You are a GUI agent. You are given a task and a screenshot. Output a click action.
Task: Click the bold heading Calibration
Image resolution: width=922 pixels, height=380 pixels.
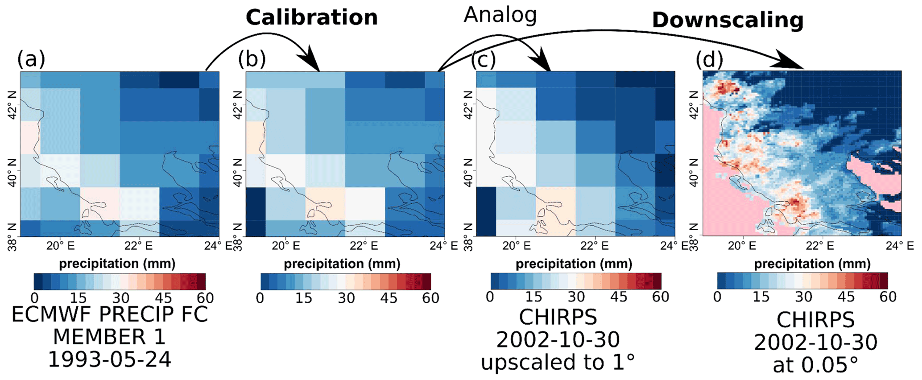pyautogui.click(x=312, y=18)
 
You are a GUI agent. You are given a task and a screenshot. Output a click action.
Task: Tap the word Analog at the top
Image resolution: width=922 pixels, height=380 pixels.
pyautogui.click(x=500, y=15)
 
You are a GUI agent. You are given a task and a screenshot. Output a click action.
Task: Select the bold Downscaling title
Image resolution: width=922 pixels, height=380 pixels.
pyautogui.click(x=728, y=21)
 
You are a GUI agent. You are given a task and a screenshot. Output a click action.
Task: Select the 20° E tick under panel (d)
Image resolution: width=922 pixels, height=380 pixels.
pyautogui.click(x=742, y=246)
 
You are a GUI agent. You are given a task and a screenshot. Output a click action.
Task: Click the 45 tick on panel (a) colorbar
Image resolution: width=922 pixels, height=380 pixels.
pyautogui.click(x=164, y=297)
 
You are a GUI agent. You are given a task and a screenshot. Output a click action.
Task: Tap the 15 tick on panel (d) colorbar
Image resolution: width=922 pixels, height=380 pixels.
pyautogui.click(x=761, y=297)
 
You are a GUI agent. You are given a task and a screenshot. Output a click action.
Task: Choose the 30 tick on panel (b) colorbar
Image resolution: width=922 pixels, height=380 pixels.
pyautogui.click(x=346, y=297)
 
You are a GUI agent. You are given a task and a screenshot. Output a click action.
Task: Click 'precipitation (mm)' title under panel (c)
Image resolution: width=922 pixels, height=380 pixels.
pyautogui.click(x=574, y=264)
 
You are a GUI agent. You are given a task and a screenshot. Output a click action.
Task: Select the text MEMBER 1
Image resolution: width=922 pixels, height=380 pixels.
pyautogui.click(x=109, y=337)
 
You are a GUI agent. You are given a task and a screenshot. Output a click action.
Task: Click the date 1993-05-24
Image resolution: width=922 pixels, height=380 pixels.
pyautogui.click(x=109, y=359)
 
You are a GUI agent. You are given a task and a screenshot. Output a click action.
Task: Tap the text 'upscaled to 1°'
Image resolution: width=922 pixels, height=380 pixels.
pyautogui.click(x=558, y=362)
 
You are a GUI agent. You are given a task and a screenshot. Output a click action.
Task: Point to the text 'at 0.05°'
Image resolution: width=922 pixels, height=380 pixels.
pyautogui.click(x=815, y=365)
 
